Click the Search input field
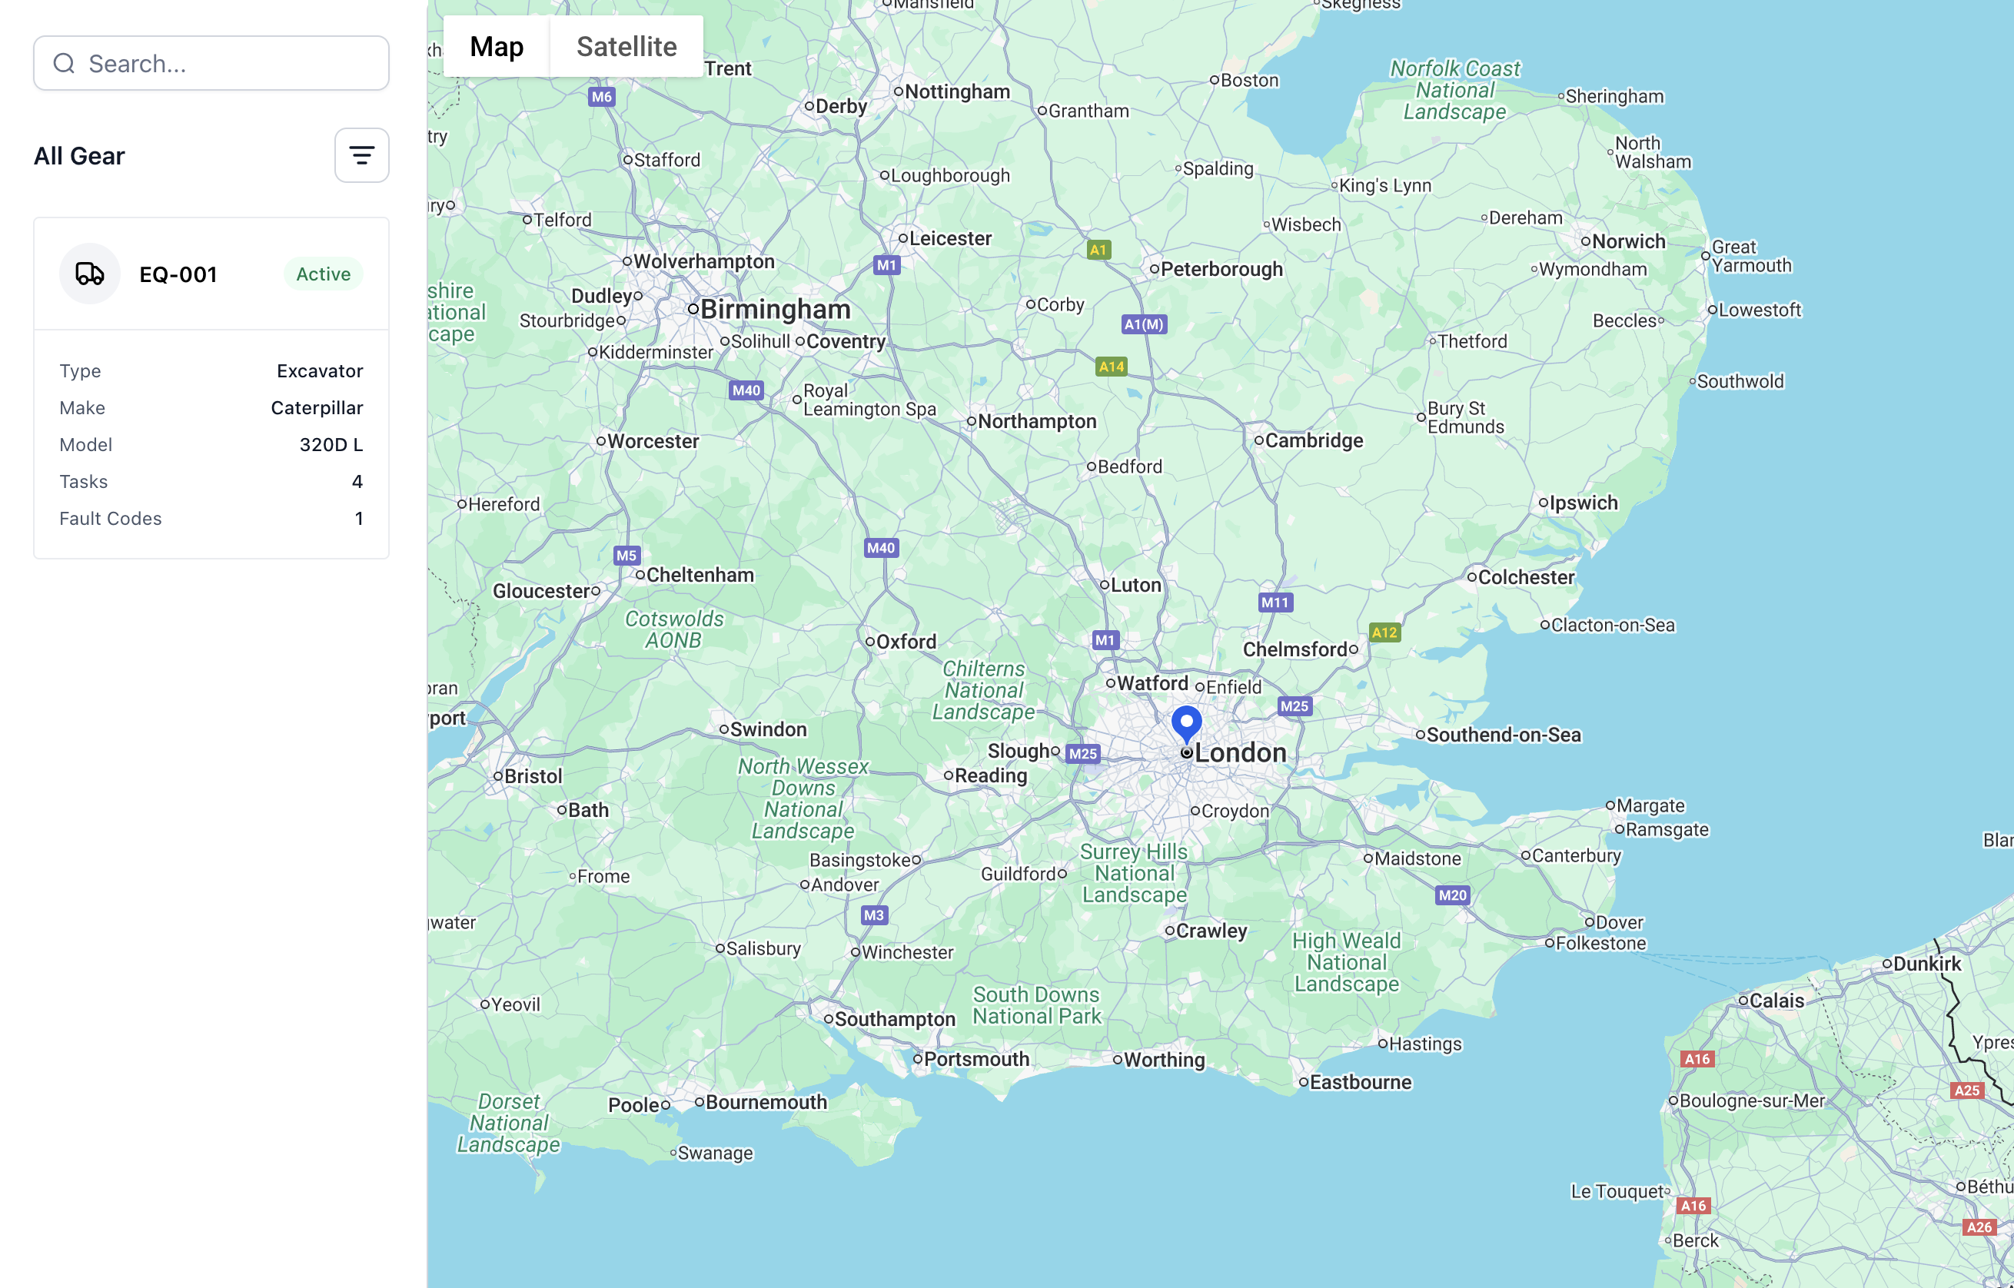point(226,64)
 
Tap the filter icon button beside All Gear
point(361,155)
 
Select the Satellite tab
point(626,47)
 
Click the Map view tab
point(497,47)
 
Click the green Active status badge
point(323,274)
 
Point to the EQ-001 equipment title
point(178,274)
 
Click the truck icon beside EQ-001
point(89,274)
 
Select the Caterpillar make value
point(316,408)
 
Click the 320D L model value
point(331,445)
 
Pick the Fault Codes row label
point(111,519)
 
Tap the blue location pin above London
point(1186,721)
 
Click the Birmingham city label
point(775,310)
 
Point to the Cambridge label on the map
point(1313,441)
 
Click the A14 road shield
point(1111,367)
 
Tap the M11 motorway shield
point(1275,603)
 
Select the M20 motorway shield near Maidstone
point(1452,895)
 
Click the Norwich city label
point(1627,242)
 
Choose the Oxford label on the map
point(906,642)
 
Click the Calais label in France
point(1776,1001)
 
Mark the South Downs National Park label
point(1036,1005)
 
